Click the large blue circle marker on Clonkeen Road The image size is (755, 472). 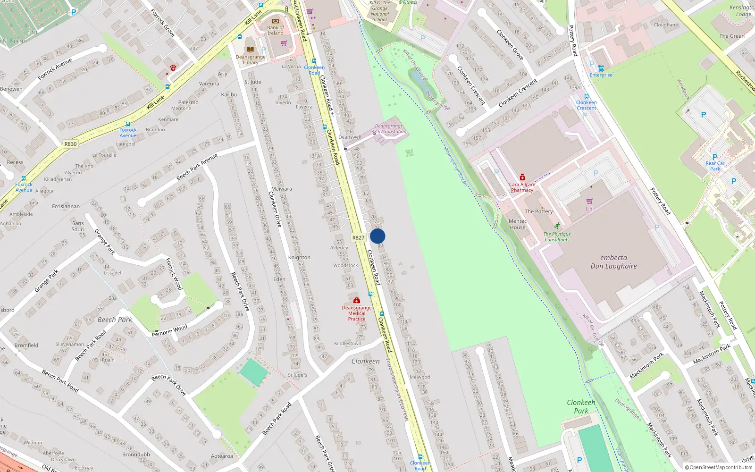click(x=377, y=236)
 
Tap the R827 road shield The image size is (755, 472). click(x=358, y=238)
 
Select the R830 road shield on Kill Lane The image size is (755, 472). click(x=70, y=144)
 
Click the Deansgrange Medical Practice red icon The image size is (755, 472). click(x=357, y=300)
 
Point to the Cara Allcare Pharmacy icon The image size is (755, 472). click(x=522, y=177)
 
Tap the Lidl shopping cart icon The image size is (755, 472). click(x=590, y=201)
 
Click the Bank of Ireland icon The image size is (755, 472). click(x=276, y=21)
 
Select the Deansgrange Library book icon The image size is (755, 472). click(x=250, y=49)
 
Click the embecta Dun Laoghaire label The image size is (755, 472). click(x=613, y=262)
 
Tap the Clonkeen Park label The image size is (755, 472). click(x=581, y=406)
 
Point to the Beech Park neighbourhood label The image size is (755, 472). click(x=115, y=320)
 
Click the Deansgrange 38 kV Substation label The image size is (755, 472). click(x=389, y=129)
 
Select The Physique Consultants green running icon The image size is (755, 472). click(x=557, y=226)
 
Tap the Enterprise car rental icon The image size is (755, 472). click(x=601, y=68)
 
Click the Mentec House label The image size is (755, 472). click(x=518, y=224)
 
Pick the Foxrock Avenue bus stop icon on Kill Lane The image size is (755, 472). click(x=127, y=124)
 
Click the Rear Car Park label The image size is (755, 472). click(x=715, y=166)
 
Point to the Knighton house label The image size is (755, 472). click(x=299, y=258)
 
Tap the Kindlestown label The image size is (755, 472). click(x=347, y=344)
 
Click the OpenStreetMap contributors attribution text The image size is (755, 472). click(x=719, y=468)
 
